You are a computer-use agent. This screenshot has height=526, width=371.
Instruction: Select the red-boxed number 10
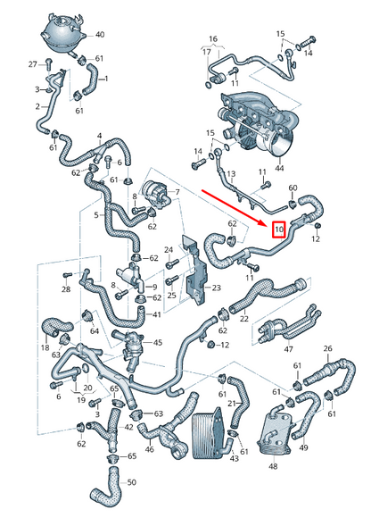point(278,230)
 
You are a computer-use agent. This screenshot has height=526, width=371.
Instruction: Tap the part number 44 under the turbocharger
point(280,168)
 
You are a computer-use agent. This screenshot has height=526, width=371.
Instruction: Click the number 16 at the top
point(212,39)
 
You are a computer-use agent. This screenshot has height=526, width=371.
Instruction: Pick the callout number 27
point(32,64)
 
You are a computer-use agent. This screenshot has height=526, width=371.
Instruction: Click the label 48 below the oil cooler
point(272,465)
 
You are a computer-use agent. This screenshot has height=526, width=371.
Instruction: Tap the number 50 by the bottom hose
point(132,482)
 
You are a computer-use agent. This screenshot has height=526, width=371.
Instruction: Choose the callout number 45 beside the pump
point(157,342)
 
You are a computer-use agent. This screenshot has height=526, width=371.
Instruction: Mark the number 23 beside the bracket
point(215,288)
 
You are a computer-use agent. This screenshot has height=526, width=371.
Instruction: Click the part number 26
point(327,348)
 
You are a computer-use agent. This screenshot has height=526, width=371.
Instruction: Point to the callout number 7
point(177,192)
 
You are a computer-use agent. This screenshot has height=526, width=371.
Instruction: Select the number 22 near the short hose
point(243,319)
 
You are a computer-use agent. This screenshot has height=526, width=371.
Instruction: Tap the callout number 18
point(45,346)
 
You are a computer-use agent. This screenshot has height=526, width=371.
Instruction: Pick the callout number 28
point(65,289)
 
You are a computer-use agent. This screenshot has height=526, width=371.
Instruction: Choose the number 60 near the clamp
point(293,188)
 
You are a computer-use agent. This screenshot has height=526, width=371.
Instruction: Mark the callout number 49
point(303,447)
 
